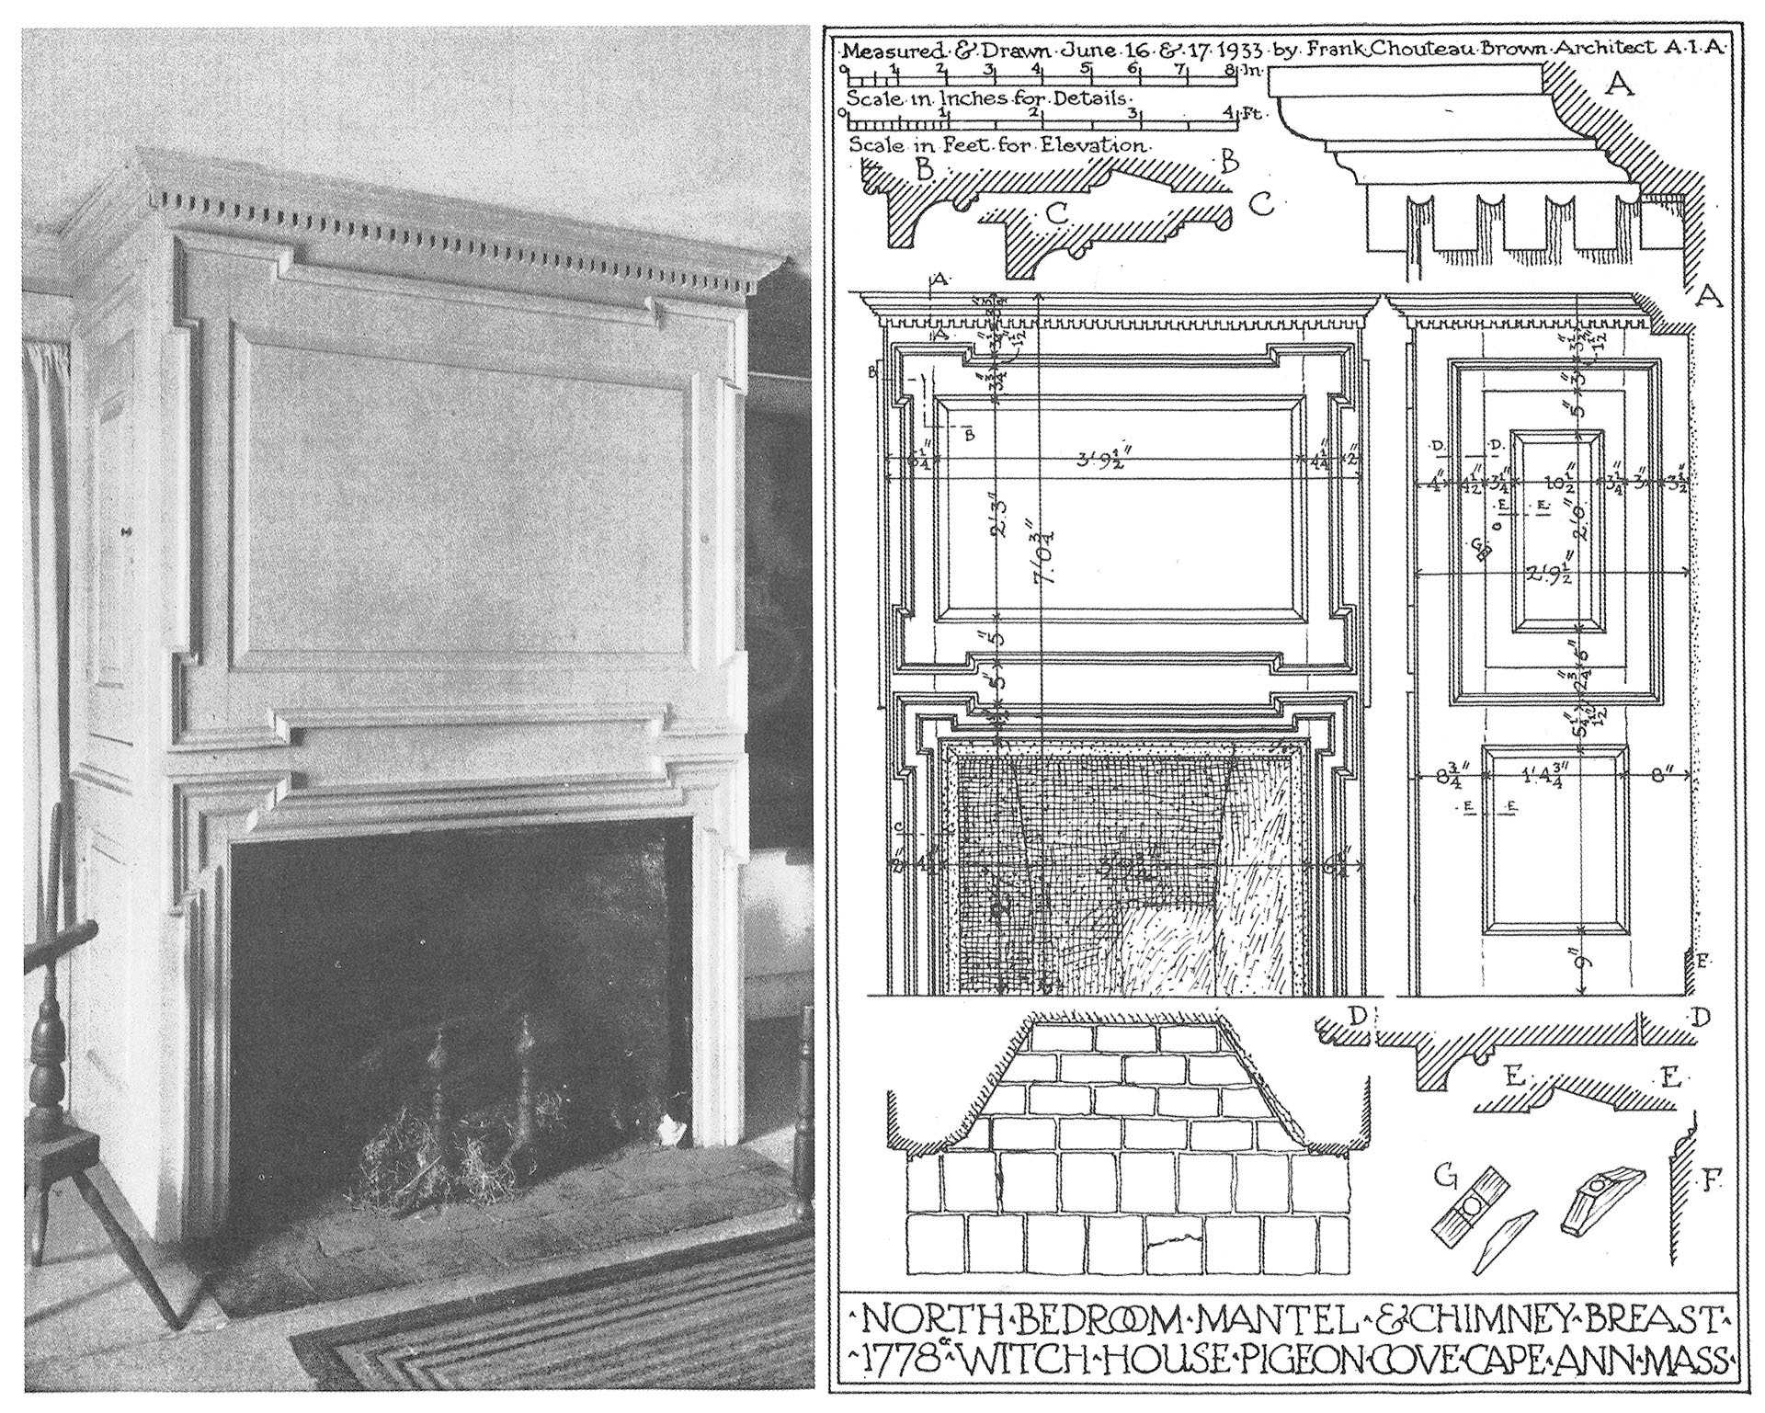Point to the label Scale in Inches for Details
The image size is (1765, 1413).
987,98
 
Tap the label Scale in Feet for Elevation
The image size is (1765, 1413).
997,145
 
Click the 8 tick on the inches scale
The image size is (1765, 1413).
1230,69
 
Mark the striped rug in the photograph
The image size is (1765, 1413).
552,1342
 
